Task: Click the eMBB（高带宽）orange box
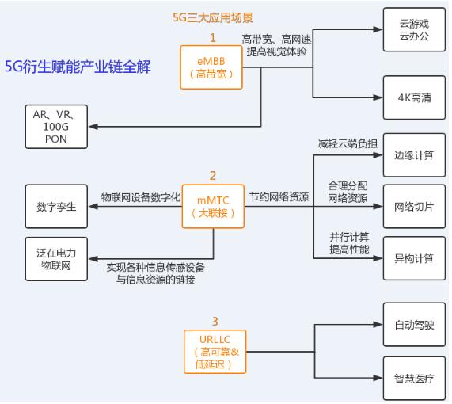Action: (x=211, y=67)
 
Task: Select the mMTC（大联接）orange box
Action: (x=213, y=206)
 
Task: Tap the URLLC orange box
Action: (x=215, y=352)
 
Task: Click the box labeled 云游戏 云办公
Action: (x=414, y=30)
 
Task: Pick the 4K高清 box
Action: (x=414, y=97)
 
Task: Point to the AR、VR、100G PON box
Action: (x=56, y=127)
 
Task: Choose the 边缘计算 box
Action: (x=414, y=155)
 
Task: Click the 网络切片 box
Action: (x=414, y=206)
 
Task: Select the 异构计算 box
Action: (x=414, y=258)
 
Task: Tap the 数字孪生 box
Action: (x=56, y=206)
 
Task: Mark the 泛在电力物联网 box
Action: (x=56, y=259)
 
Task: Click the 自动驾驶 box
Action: (x=414, y=325)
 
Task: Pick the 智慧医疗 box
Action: (x=414, y=379)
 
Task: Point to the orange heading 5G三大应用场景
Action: (x=213, y=17)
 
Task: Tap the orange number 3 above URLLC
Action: (x=215, y=322)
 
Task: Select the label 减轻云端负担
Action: (x=348, y=143)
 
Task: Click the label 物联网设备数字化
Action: (x=141, y=197)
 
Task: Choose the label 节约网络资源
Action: (x=279, y=197)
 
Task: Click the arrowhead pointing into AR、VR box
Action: (x=93, y=127)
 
